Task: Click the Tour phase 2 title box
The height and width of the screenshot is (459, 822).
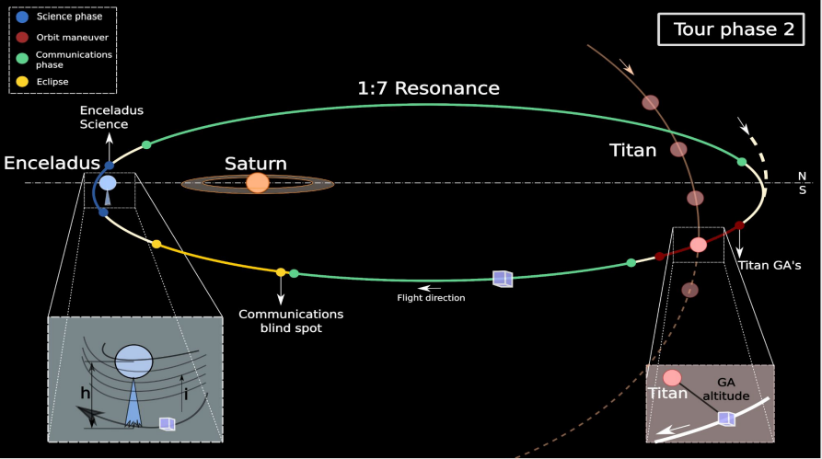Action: [x=733, y=29]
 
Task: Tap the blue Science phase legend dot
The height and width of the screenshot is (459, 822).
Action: [x=22, y=17]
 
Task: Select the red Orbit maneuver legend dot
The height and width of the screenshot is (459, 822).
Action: [x=22, y=38]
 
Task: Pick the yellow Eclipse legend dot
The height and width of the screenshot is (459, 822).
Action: [x=22, y=81]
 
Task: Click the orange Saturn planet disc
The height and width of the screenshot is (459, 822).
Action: [x=257, y=183]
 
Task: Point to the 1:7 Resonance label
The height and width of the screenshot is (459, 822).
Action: [x=428, y=89]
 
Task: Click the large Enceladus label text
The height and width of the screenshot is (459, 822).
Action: [x=52, y=163]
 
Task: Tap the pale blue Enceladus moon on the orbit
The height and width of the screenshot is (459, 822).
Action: [x=108, y=183]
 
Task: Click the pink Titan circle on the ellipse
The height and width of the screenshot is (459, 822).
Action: [x=698, y=245]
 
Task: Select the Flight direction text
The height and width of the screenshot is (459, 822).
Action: [x=431, y=297]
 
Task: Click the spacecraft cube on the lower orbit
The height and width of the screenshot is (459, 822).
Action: [x=502, y=278]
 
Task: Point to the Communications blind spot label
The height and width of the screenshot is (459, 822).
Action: [x=281, y=321]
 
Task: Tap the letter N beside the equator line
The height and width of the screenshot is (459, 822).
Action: [x=801, y=175]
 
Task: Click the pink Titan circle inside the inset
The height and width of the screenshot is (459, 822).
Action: [x=672, y=377]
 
